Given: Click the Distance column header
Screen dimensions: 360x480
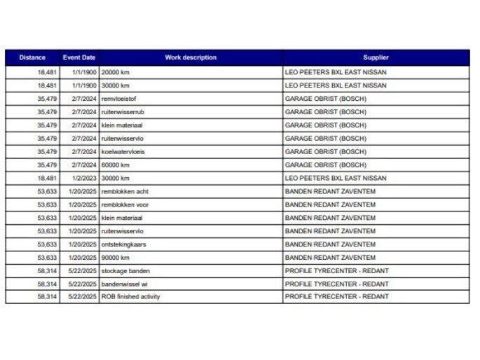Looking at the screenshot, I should (32, 57).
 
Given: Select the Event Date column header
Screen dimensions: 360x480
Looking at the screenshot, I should (79, 57).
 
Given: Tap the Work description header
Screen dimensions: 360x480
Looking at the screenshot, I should (191, 57).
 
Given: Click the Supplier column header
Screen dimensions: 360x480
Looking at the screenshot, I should (376, 57).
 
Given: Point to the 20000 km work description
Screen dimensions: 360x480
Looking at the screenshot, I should (116, 72).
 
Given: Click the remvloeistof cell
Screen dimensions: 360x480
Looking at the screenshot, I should (119, 99).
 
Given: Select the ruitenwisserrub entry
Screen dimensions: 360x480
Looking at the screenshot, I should (122, 112).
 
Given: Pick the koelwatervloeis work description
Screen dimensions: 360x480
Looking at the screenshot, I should (123, 151).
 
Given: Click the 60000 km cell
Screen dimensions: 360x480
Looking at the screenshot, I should (116, 165).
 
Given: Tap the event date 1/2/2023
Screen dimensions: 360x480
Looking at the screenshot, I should (84, 178).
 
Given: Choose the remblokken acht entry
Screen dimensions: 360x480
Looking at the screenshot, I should (125, 191).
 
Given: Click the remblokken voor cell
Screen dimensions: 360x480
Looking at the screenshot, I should (125, 205).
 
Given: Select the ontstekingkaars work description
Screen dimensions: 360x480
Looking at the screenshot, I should (124, 244).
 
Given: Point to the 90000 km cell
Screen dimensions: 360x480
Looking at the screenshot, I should (116, 257).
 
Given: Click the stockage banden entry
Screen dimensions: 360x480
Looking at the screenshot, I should (125, 270).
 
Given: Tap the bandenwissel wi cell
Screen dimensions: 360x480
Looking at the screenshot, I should (124, 284).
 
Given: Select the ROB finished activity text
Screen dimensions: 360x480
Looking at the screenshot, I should (131, 297).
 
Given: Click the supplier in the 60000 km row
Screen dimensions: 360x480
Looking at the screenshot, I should (325, 165).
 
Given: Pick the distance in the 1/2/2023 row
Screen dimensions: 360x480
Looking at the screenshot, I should (47, 178).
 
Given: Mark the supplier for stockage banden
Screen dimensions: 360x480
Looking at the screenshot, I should (336, 270).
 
